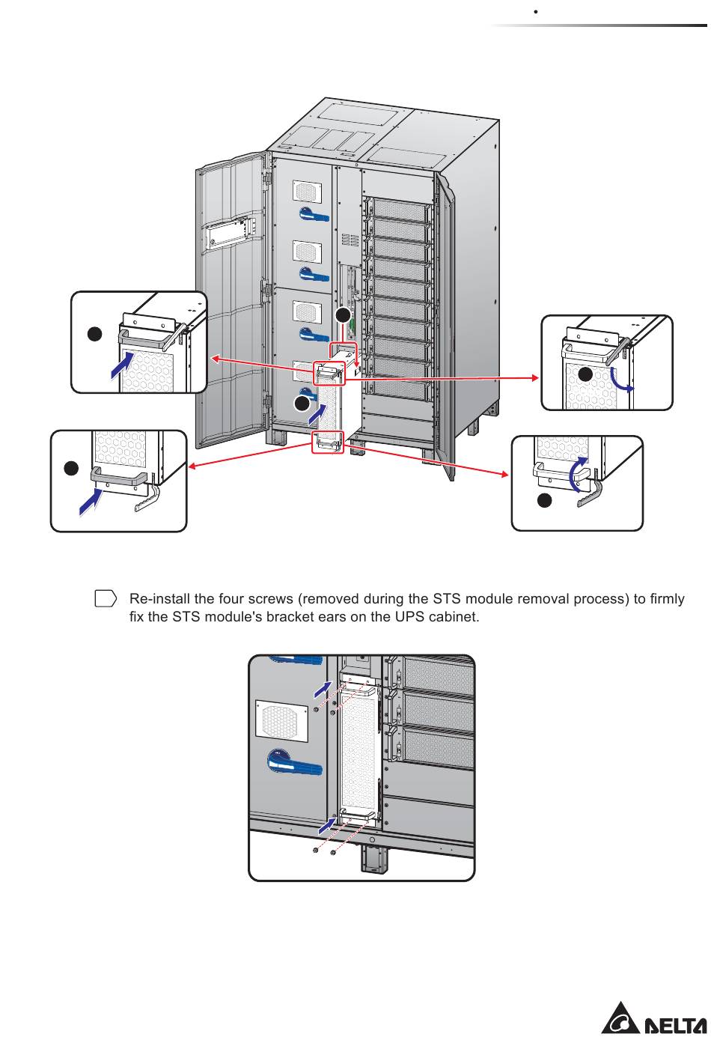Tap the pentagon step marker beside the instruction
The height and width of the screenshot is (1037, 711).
(106, 598)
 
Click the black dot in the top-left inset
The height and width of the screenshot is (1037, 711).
(95, 334)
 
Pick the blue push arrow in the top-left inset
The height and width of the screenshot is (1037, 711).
(122, 365)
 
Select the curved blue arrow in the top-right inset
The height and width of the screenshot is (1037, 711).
(621, 380)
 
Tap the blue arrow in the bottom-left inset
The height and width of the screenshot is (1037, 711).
(91, 502)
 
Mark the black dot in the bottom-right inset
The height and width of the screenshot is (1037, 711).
(544, 500)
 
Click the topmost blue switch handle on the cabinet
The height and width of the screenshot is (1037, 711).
(314, 214)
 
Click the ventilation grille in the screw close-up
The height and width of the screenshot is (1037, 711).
(282, 721)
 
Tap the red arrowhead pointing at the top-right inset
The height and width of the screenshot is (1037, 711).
(536, 378)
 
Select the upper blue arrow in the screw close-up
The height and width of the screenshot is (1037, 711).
(323, 689)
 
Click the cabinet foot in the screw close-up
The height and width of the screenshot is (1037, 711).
(374, 859)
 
